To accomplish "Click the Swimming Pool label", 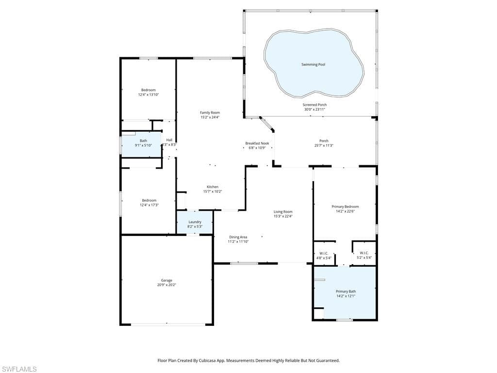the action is [313, 65].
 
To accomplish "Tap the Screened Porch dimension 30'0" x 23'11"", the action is [315, 109].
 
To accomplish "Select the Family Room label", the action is [210, 113].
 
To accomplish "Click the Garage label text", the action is [166, 280].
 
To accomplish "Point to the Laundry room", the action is [195, 222].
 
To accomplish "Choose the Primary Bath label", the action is [346, 291].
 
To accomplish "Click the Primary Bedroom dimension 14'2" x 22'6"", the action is [345, 211].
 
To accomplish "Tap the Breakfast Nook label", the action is [257, 143].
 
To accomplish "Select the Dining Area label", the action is [238, 237].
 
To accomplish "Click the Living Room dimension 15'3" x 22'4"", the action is [283, 216].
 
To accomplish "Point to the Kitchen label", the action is [213, 187].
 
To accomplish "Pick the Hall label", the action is [169, 140].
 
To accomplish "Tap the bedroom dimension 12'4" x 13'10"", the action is [149, 95].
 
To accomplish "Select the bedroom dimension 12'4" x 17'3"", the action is [149, 205].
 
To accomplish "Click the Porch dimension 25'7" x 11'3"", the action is [324, 146].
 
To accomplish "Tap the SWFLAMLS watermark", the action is [18, 369].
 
